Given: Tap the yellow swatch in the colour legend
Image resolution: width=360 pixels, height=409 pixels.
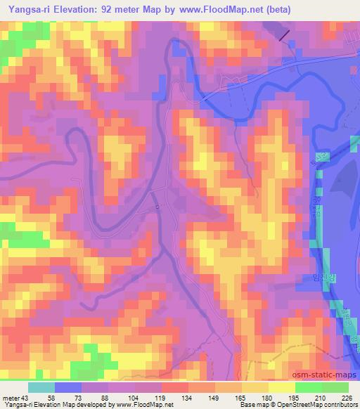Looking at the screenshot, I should click(281, 387).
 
